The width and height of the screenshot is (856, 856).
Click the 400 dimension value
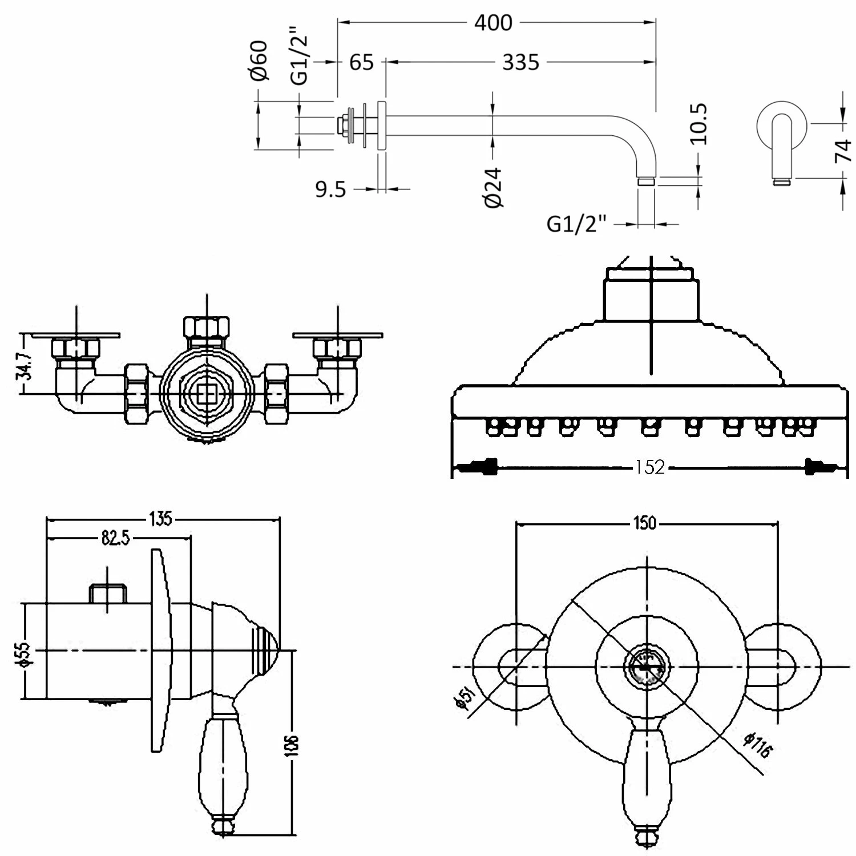(x=493, y=23)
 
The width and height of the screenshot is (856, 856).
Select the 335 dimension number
(x=520, y=62)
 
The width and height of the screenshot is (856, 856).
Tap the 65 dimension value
(x=361, y=62)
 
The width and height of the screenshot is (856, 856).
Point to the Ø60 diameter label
(x=260, y=61)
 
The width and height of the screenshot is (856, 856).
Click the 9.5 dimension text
(x=331, y=189)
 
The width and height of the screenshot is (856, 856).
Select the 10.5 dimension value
(x=698, y=124)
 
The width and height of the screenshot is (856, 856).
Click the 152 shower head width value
(x=651, y=467)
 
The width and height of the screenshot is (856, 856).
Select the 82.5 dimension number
(x=116, y=537)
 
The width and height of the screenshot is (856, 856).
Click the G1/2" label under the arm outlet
(x=575, y=224)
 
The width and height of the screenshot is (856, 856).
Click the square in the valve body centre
(x=205, y=393)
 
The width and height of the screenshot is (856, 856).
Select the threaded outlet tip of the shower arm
(x=646, y=181)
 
